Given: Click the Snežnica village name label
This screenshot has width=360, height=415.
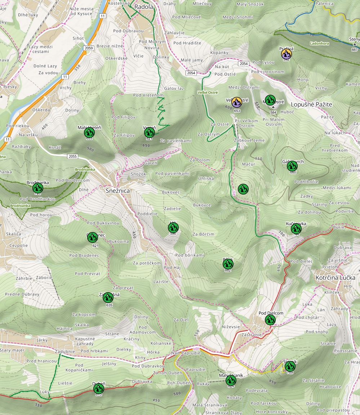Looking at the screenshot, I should [117, 191].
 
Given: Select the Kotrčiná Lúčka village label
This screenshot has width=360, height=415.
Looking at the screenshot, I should [335, 278].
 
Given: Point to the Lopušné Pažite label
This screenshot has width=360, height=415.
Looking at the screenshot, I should [311, 104].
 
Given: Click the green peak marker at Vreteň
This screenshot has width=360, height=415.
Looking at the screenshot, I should [150, 133].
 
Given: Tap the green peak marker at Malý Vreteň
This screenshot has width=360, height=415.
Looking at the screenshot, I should [89, 133].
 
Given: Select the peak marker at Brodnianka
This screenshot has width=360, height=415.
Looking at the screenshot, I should [37, 188].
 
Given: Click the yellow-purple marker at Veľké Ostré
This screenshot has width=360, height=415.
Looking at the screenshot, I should [236, 102].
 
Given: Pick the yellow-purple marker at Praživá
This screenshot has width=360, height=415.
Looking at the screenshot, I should [286, 54].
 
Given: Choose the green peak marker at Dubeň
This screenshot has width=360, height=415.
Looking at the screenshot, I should [99, 388].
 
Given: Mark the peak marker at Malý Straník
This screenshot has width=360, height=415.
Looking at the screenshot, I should [231, 380].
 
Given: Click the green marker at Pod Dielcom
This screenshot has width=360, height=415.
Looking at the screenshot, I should [270, 320].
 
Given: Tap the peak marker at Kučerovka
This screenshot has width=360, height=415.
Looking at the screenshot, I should [296, 228].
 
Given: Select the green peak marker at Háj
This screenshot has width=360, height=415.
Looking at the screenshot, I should [173, 227].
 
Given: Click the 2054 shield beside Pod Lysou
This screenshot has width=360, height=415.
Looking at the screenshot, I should [244, 63].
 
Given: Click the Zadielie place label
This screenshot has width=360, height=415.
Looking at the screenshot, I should [172, 209].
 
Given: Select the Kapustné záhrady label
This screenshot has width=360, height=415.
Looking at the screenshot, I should [85, 342].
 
